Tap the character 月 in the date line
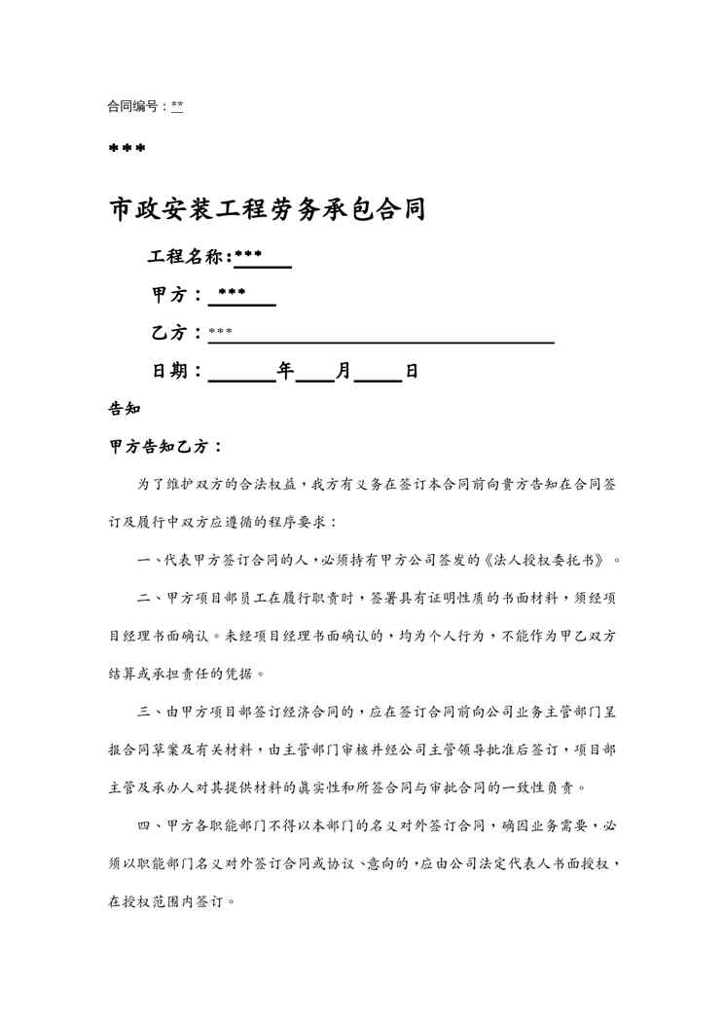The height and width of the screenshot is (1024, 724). pos(344,371)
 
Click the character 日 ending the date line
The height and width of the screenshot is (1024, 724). pos(412,371)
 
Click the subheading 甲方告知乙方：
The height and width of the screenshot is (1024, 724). pos(165,447)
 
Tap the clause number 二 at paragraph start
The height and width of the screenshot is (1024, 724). pos(143,598)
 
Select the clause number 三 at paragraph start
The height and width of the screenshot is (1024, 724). pos(143,713)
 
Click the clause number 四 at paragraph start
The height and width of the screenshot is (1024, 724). pos(143,826)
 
